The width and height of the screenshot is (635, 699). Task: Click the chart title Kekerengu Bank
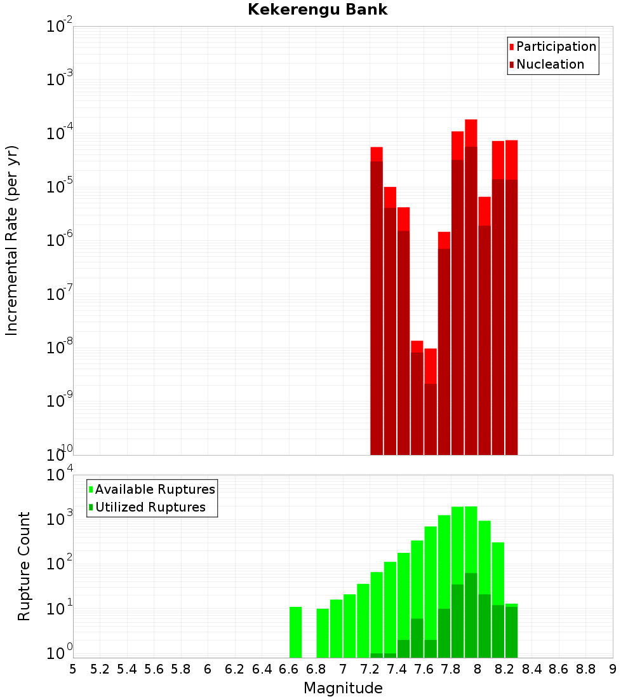pyautogui.click(x=317, y=10)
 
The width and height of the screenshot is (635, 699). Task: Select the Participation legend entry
pyautogui.click(x=556, y=46)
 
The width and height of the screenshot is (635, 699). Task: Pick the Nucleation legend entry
pyautogui.click(x=549, y=64)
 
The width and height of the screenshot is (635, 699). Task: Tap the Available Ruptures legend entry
pyautogui.click(x=154, y=489)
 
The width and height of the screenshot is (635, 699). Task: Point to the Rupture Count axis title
pyautogui.click(x=24, y=566)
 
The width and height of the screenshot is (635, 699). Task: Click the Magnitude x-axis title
pyautogui.click(x=343, y=688)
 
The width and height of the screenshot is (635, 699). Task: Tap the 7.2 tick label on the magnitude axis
pyautogui.click(x=370, y=669)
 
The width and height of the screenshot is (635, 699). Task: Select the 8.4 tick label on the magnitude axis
pyautogui.click(x=531, y=669)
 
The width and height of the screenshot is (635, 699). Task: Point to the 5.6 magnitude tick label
pyautogui.click(x=154, y=669)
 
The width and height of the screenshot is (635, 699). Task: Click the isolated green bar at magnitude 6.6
pyautogui.click(x=295, y=632)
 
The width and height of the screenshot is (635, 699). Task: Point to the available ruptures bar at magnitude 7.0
pyautogui.click(x=349, y=626)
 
